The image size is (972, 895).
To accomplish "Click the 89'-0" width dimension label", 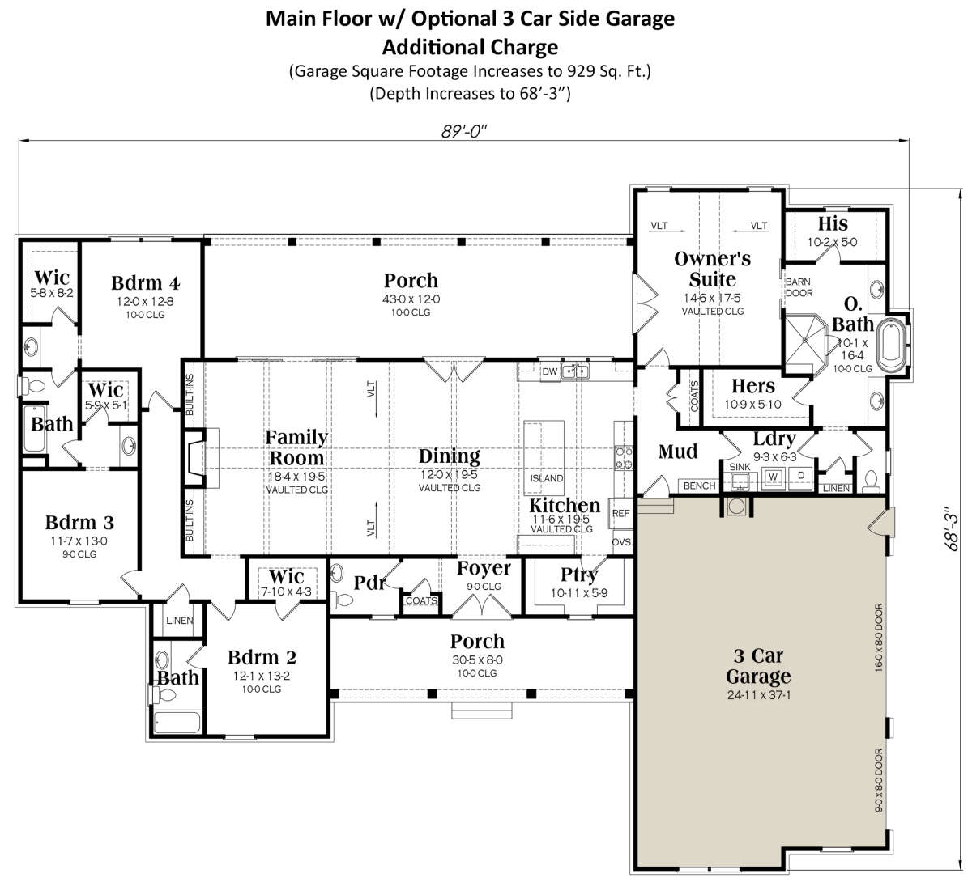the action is point(463,131).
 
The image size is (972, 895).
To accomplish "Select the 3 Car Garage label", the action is point(758,666).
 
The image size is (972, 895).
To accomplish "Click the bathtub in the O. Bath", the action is point(892,345).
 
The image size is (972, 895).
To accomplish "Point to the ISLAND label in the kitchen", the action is point(547,478).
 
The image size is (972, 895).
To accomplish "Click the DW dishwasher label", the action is point(550,371).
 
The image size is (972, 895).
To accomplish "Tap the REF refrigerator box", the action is point(620,513).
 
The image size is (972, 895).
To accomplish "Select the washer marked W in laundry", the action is point(774,477).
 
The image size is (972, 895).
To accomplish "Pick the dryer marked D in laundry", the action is point(801,477).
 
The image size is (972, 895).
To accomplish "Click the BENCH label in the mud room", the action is point(699,486).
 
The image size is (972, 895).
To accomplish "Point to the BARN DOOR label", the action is point(799,287).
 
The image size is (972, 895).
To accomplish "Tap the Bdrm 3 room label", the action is point(80,523).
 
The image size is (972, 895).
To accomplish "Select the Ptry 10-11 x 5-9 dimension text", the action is point(579,593).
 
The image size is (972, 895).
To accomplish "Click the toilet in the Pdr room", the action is point(343,600).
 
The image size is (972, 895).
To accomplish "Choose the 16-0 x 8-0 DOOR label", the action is point(879,638).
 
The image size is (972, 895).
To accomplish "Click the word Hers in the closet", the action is point(753,386).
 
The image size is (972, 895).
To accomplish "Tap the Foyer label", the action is point(484,569).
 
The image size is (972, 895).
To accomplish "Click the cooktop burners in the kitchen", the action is point(624,458).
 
